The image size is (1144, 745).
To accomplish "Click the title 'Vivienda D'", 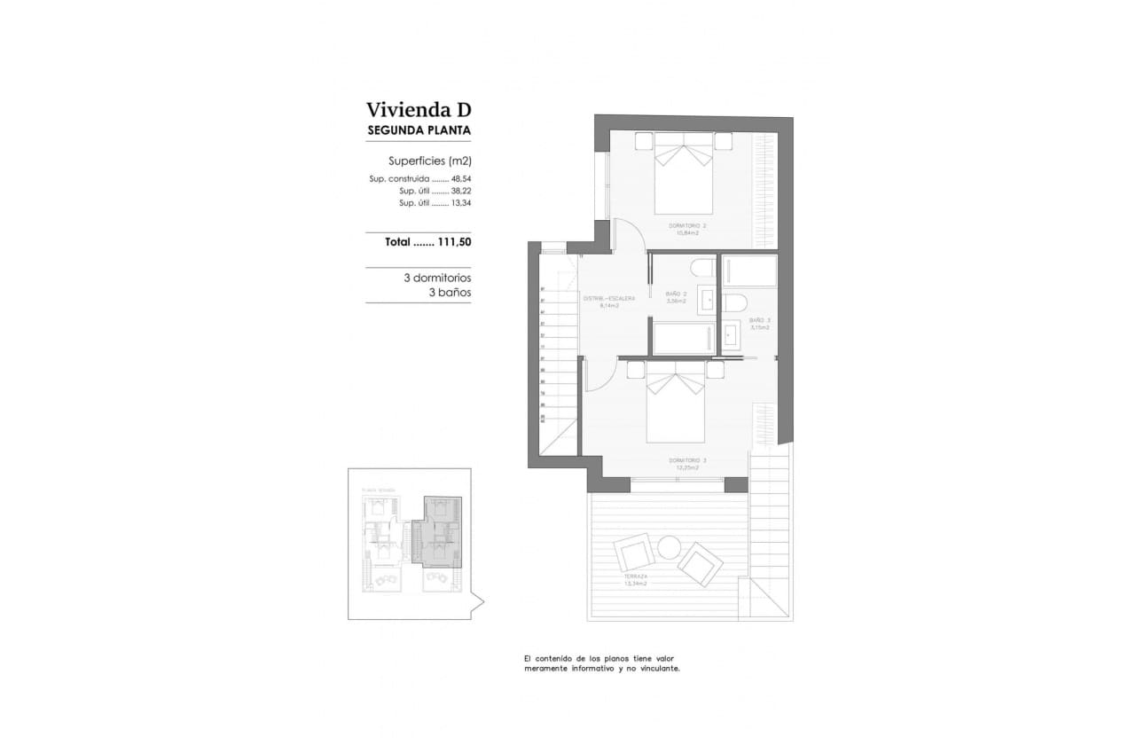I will coord(419,110).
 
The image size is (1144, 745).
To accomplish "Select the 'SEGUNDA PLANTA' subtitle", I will coord(419,130).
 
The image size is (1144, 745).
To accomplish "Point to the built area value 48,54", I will coord(460,178).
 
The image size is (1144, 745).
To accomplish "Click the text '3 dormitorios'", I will coord(436,278).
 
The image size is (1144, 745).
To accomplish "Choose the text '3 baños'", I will coord(450,292).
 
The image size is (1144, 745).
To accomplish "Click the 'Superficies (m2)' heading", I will coord(429,161).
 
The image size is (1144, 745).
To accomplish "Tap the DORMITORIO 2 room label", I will coord(686,227).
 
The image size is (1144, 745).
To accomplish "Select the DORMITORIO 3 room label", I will coord(687,461).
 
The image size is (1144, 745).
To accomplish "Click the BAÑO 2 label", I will coord(677,294).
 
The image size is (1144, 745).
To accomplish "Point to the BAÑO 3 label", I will coord(759,321).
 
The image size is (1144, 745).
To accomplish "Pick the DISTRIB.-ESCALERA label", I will coord(608,299).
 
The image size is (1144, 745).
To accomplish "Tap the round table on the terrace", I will coord(669,547).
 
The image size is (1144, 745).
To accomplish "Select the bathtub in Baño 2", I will coord(684,339).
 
